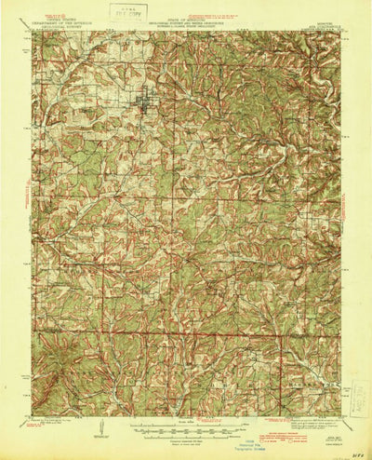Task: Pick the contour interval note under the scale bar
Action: coord(185,440)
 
